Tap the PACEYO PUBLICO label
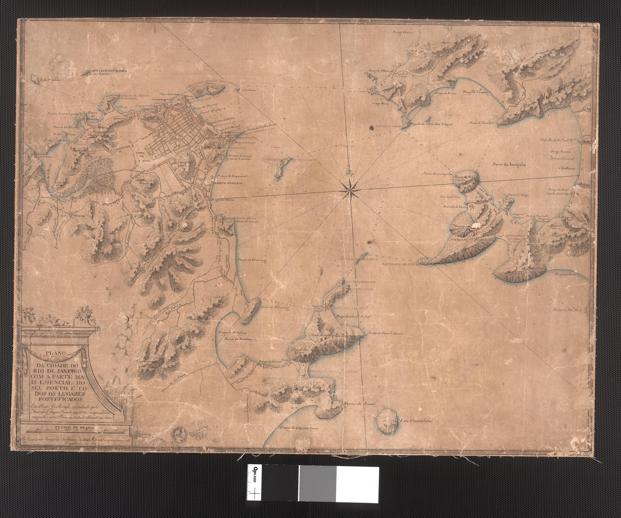tap(228, 184)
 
